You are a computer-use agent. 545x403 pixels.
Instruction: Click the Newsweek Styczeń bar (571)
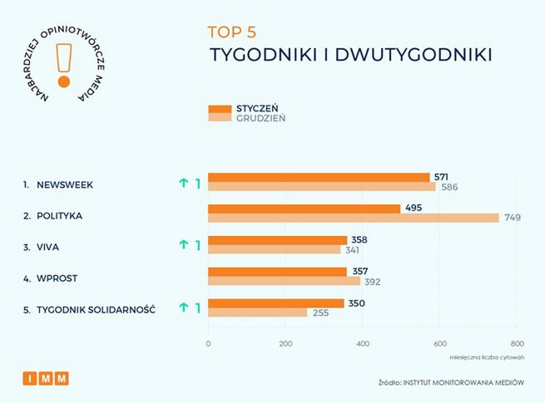(x=319, y=177)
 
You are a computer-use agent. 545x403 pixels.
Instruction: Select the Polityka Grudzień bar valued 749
(x=353, y=218)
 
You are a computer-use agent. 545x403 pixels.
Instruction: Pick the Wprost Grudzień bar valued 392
(x=284, y=281)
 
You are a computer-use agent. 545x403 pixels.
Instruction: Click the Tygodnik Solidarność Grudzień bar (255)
(x=257, y=312)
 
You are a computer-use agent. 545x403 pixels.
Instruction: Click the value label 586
(x=449, y=187)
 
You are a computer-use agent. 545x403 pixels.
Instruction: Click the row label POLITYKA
(x=59, y=215)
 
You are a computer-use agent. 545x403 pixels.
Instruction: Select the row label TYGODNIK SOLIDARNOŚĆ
(x=96, y=309)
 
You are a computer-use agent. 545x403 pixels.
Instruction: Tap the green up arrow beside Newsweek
(x=183, y=184)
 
